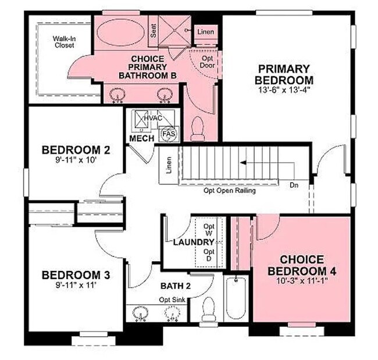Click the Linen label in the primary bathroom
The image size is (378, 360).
[x=205, y=31]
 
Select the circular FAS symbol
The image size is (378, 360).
[x=169, y=133]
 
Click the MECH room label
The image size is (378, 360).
[x=142, y=139]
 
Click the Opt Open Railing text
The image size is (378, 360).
[x=230, y=190]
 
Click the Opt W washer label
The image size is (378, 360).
[x=209, y=230]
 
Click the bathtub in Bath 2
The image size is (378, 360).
[x=236, y=297]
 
